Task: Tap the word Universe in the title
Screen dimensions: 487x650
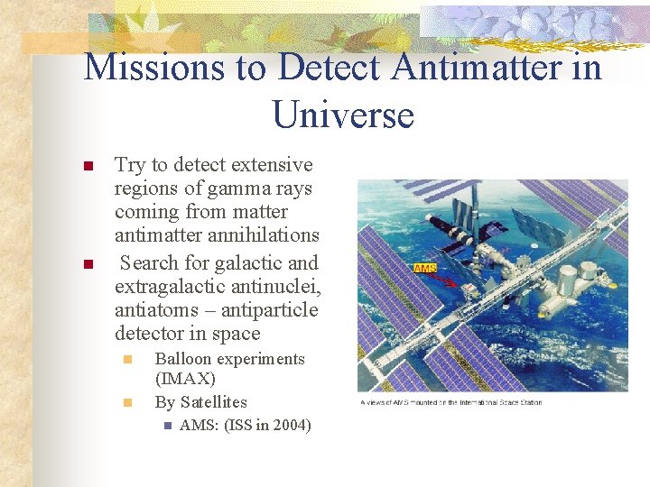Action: (x=342, y=115)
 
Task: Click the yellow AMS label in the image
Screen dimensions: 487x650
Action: (x=425, y=269)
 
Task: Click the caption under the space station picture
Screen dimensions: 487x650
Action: (x=450, y=402)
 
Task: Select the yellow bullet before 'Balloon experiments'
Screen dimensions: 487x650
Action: (x=128, y=360)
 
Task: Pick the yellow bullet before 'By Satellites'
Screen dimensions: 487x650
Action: (x=128, y=403)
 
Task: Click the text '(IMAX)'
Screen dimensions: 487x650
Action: (x=185, y=380)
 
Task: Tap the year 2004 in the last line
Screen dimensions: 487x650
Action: (x=292, y=425)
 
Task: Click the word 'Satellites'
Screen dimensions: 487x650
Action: (x=213, y=402)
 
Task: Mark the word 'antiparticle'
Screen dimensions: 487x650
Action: (x=269, y=309)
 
